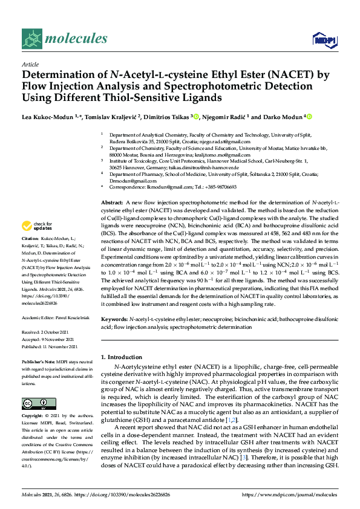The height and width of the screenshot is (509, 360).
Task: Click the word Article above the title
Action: click(30, 63)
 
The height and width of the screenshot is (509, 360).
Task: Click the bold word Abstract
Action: click(111, 201)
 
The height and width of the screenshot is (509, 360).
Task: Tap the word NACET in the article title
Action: click(270, 76)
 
